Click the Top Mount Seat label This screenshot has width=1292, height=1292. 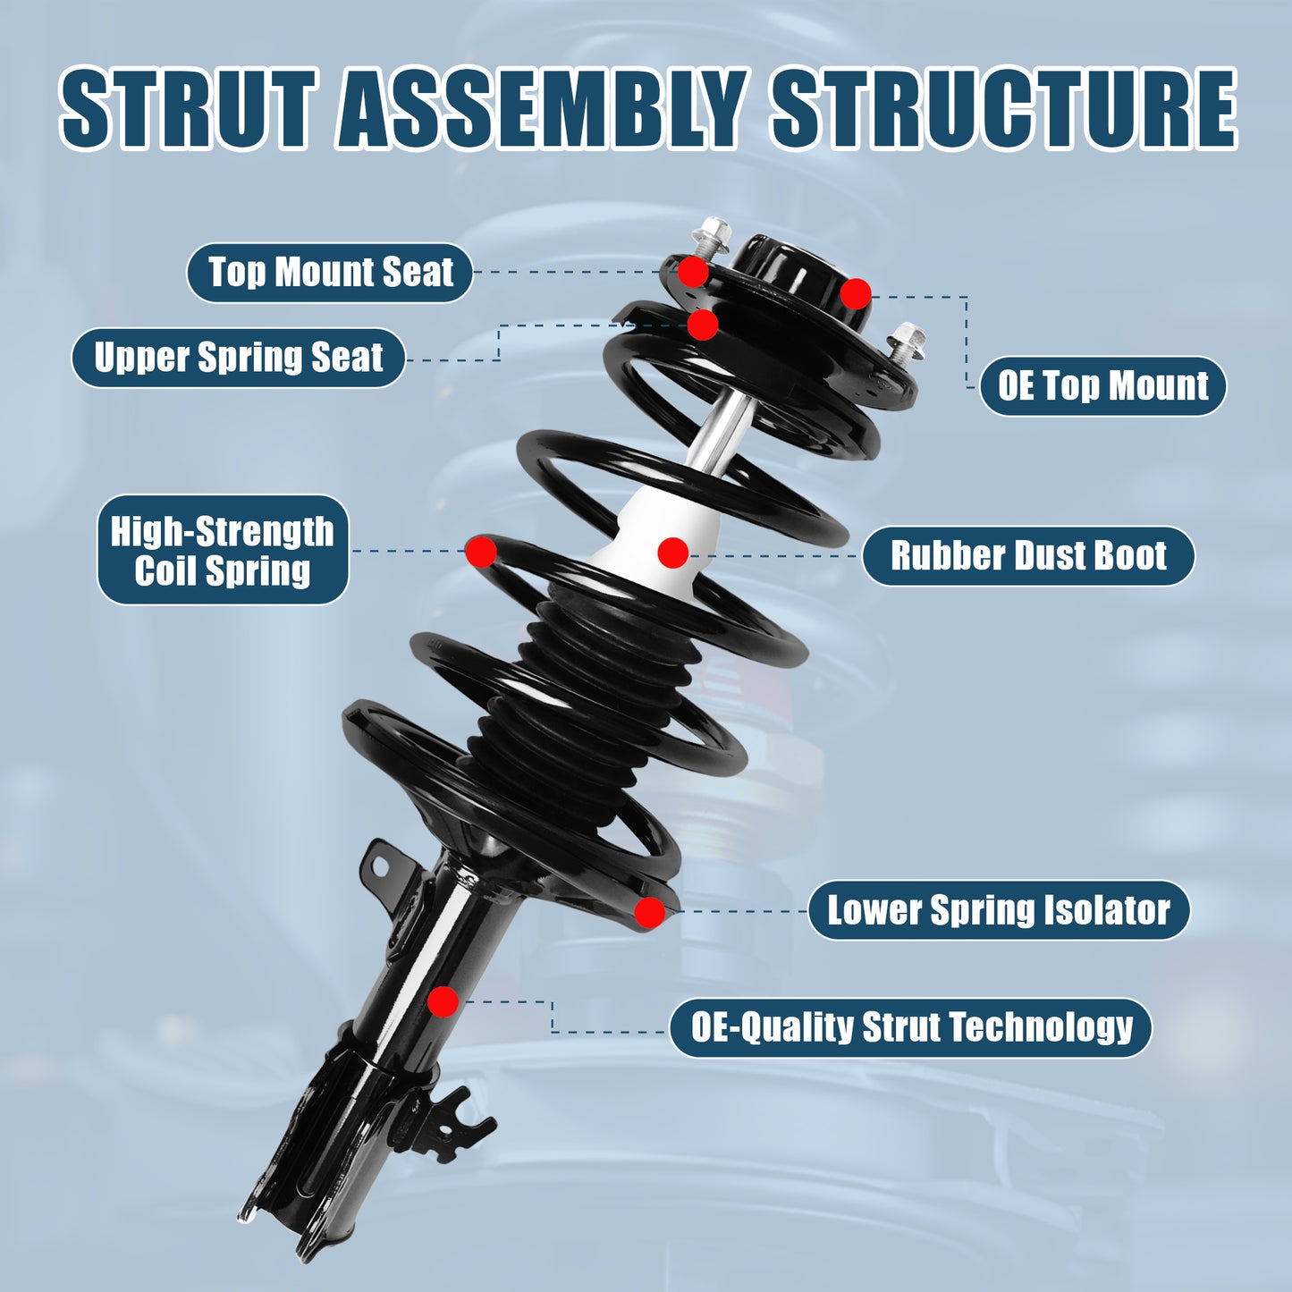[x=330, y=272]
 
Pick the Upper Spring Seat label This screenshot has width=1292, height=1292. [x=238, y=358]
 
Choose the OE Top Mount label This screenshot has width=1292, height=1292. [x=1102, y=385]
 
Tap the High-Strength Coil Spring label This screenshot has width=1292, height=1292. [x=222, y=550]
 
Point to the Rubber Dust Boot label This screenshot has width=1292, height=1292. [x=1028, y=555]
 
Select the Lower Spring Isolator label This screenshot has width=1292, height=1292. [x=999, y=910]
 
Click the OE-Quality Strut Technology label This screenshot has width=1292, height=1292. [x=911, y=1027]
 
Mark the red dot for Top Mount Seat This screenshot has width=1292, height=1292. [x=693, y=272]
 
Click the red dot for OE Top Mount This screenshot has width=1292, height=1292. [x=856, y=293]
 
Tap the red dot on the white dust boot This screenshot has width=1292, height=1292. [x=672, y=553]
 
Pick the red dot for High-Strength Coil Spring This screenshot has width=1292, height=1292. [x=481, y=551]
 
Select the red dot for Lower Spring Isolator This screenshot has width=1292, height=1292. [x=650, y=912]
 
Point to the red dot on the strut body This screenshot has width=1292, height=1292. [x=443, y=1001]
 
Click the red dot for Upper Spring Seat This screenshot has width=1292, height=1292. [x=703, y=325]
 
